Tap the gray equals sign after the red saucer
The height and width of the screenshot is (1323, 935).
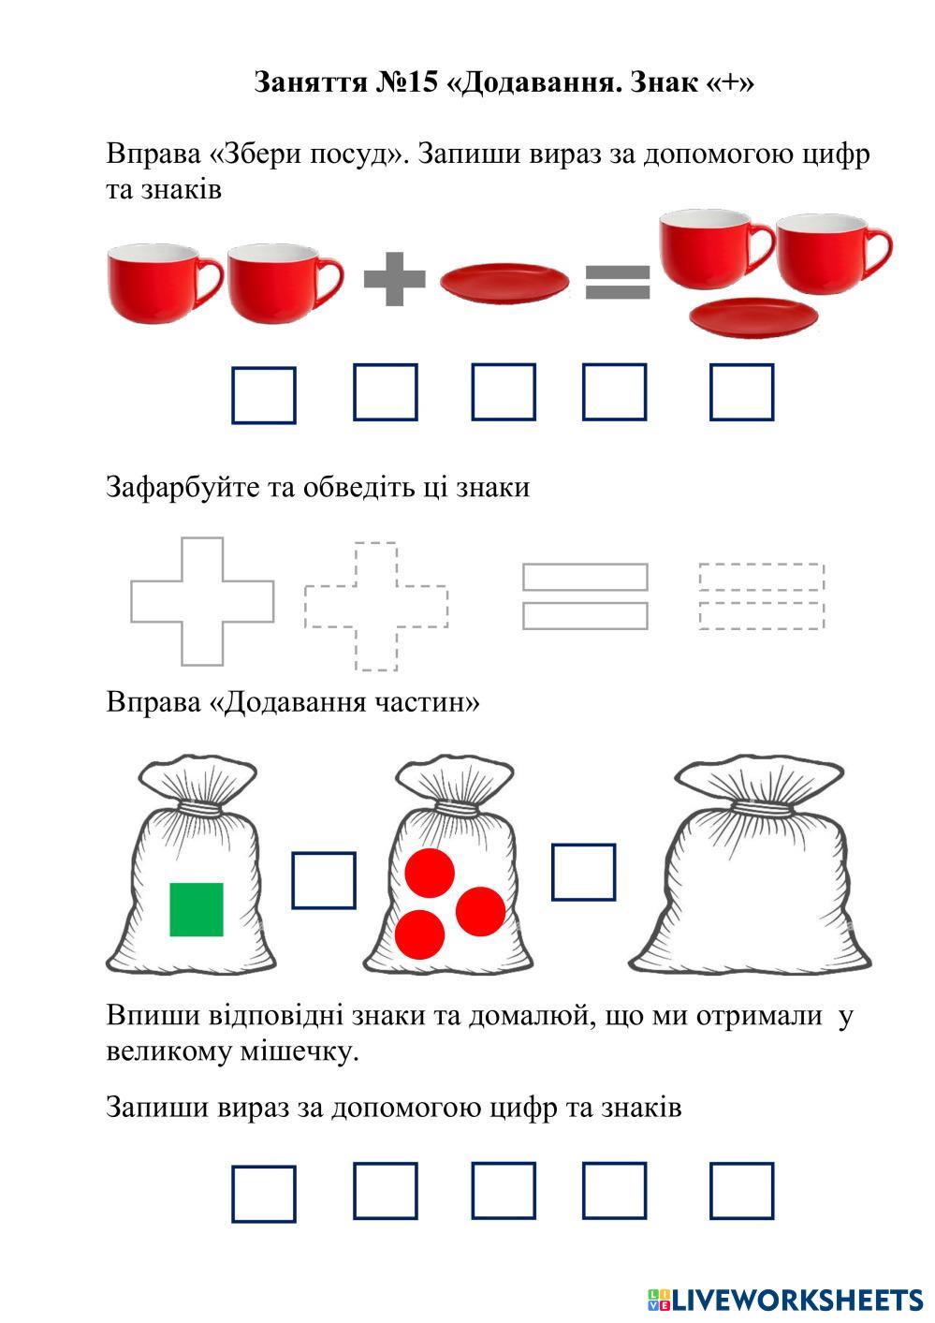pos(618,281)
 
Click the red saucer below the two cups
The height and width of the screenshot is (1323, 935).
pos(753,316)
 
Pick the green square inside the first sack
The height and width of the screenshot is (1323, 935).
pos(197,909)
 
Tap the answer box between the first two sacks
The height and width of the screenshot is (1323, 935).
pos(324,880)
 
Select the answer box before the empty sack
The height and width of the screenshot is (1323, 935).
pos(583,872)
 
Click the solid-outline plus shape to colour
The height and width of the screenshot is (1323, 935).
pos(202,601)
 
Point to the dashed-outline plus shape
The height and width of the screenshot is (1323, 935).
pos(376,606)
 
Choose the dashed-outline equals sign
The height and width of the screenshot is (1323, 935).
pos(761,595)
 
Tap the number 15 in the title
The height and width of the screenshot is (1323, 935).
pos(422,82)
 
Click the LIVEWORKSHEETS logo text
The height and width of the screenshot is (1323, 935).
pos(796,1300)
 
